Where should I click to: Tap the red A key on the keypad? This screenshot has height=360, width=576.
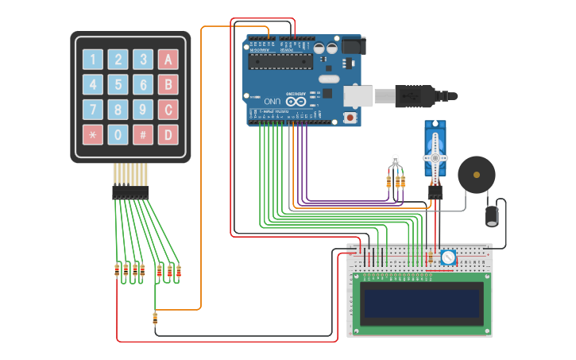(168, 60)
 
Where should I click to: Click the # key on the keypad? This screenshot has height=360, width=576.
(143, 134)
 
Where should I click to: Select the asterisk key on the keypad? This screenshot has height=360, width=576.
(93, 134)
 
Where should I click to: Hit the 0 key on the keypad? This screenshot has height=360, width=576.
(118, 134)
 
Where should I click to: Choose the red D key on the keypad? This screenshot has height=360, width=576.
(168, 134)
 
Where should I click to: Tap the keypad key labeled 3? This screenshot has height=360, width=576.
(143, 60)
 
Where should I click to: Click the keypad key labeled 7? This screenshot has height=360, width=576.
(93, 110)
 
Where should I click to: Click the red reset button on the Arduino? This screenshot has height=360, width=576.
(350, 118)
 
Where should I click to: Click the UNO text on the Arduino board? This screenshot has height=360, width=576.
(273, 101)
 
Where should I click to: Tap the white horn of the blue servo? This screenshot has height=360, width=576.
(435, 157)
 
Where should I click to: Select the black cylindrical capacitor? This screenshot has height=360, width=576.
(493, 216)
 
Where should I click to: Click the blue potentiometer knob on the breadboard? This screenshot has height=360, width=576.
(448, 257)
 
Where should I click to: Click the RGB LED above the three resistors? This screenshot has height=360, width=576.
(395, 161)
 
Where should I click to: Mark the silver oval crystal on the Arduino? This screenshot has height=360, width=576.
(330, 79)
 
